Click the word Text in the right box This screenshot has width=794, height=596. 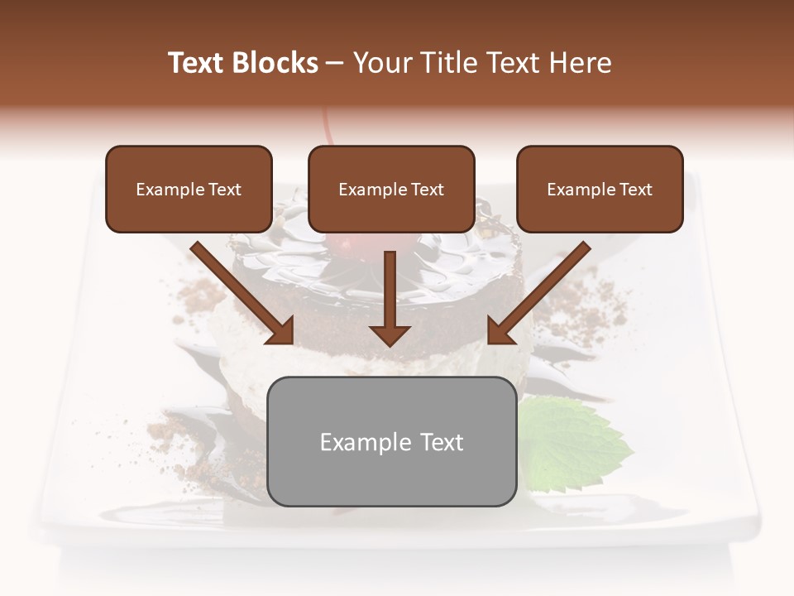tap(635, 190)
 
